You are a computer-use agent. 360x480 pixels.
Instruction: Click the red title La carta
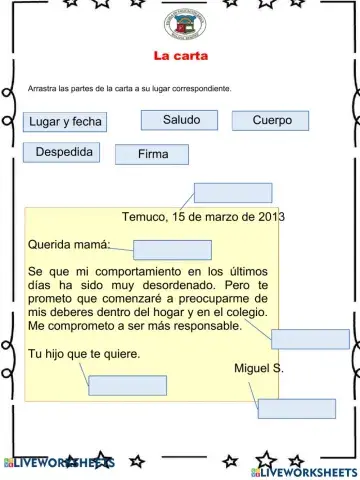(x=180, y=56)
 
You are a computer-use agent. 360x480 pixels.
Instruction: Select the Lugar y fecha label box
(x=66, y=122)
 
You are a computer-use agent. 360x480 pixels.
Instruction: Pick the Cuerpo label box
(x=271, y=120)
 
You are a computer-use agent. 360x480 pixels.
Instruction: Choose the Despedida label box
(x=64, y=152)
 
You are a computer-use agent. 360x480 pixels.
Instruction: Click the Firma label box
(x=152, y=154)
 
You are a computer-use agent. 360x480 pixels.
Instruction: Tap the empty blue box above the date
(x=233, y=193)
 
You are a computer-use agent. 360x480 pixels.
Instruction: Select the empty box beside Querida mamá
(x=172, y=250)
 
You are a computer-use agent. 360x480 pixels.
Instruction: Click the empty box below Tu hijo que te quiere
(x=127, y=385)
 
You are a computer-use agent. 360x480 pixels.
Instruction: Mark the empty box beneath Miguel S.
(x=297, y=408)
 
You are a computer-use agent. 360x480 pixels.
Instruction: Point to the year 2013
(x=271, y=216)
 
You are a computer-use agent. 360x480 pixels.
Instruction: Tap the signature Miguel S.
(x=258, y=368)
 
